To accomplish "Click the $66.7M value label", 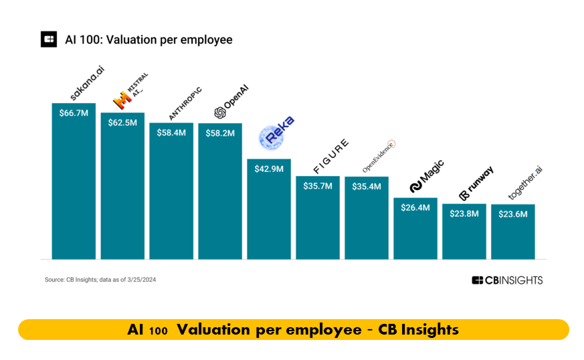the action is (74, 113).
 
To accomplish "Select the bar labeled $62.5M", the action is (122, 186).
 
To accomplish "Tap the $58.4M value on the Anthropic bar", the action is (171, 132).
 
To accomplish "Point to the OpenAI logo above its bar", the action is (231, 102).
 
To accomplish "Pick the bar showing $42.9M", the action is (269, 209).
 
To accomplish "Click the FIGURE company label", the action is (330, 156).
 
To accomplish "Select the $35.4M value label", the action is (367, 186).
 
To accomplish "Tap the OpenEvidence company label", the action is (379, 156).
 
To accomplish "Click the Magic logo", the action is (427, 176).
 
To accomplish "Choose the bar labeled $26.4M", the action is (415, 228).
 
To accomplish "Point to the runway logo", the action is (476, 183).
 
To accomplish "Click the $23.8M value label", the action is (464, 213).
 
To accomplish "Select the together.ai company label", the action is (525, 183).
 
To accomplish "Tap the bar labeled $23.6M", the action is (513, 232).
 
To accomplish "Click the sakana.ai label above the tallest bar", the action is (87, 83).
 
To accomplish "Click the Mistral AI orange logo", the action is (122, 100).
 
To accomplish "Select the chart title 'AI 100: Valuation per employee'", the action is (149, 39).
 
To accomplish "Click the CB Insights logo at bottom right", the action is (507, 280).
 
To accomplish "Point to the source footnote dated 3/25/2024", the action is (100, 280).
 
